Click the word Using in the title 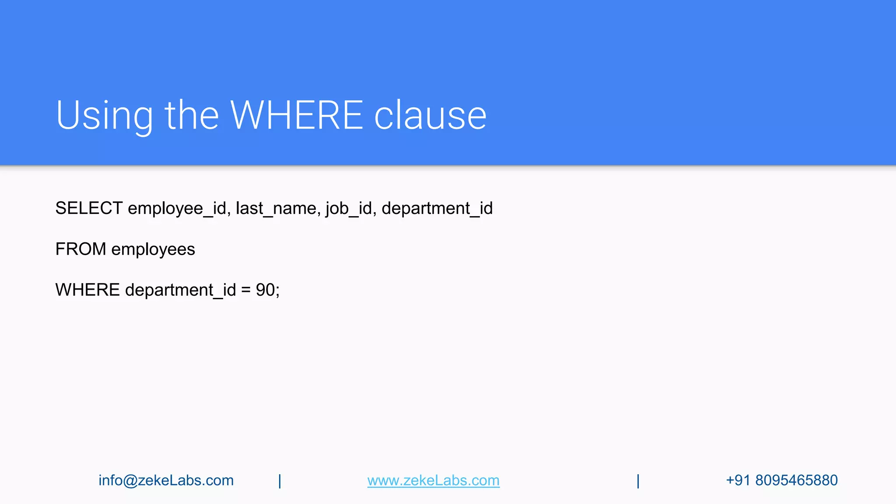pyautogui.click(x=104, y=115)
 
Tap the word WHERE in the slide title pyautogui.click(x=297, y=115)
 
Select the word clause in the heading pyautogui.click(x=430, y=115)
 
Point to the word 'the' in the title pyautogui.click(x=192, y=115)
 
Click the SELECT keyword pyautogui.click(x=89, y=208)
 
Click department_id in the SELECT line pyautogui.click(x=437, y=208)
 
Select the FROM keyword pyautogui.click(x=80, y=249)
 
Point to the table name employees pyautogui.click(x=153, y=249)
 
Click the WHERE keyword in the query pyautogui.click(x=87, y=290)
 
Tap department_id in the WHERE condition pyautogui.click(x=180, y=290)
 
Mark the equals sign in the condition pyautogui.click(x=246, y=290)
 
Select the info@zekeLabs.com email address pyautogui.click(x=166, y=480)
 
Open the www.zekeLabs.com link pyautogui.click(x=433, y=480)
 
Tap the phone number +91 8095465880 pyautogui.click(x=781, y=480)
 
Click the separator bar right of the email pyautogui.click(x=280, y=481)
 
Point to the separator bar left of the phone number pyautogui.click(x=638, y=481)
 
